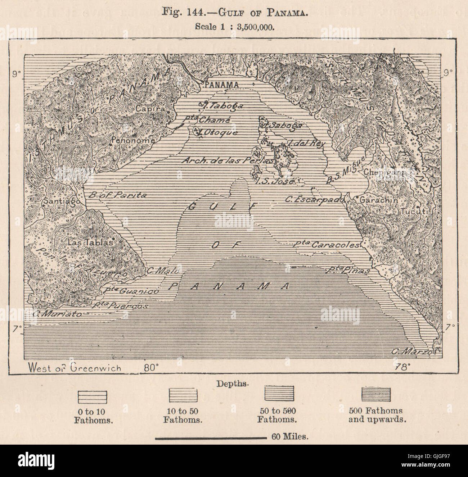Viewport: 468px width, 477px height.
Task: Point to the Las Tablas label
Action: tap(90, 242)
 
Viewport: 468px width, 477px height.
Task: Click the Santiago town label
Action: tap(61, 202)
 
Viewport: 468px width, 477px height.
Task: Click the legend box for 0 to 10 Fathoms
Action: tap(93, 397)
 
